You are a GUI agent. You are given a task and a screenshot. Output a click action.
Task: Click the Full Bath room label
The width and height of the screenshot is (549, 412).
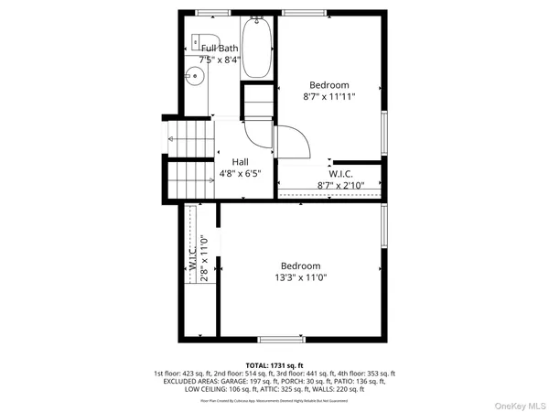221,48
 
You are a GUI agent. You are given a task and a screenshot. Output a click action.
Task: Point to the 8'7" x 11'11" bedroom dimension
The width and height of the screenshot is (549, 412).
329,95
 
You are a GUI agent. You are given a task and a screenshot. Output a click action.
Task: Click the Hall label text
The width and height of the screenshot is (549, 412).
240,161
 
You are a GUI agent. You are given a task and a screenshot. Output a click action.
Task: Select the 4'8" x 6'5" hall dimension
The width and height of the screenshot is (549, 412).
240,173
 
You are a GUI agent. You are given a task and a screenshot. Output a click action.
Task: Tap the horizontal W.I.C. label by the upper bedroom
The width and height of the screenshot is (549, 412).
340,173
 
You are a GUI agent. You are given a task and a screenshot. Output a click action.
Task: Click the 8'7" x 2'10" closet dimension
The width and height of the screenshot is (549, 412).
340,185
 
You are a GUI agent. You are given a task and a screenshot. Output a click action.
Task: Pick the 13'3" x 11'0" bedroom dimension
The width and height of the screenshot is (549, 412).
300,277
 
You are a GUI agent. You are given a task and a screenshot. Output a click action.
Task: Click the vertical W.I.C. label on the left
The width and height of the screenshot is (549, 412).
193,260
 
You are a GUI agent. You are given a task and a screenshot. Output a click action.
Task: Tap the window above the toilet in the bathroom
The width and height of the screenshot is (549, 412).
213,13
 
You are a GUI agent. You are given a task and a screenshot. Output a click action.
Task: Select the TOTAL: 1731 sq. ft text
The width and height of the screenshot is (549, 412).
274,364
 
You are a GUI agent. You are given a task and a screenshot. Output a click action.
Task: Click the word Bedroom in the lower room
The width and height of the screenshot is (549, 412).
300,266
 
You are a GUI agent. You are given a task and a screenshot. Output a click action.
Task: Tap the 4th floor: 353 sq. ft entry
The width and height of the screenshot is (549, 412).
365,374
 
